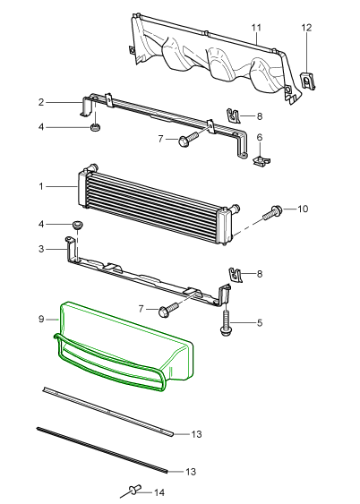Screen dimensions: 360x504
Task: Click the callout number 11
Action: [256, 28]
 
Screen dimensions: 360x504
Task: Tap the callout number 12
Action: [306, 28]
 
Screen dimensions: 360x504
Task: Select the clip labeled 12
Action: [307, 81]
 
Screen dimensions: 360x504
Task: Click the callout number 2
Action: [41, 102]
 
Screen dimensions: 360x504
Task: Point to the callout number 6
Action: [260, 138]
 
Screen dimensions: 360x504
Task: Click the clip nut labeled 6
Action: [261, 159]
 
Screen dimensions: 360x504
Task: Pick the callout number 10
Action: [303, 209]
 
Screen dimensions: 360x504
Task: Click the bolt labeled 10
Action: [272, 212]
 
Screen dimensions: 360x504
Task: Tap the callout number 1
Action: [41, 186]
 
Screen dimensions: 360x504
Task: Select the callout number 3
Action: [41, 249]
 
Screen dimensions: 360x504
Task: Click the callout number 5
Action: [260, 322]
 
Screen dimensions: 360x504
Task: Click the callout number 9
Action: [41, 320]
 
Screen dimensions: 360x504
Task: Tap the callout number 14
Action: [159, 492]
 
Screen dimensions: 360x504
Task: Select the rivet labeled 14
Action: [134, 490]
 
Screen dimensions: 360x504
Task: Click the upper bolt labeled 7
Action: [189, 140]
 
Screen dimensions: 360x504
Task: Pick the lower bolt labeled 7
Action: [168, 310]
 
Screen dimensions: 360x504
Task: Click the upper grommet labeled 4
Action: [94, 127]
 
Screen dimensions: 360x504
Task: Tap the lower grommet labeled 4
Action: [78, 225]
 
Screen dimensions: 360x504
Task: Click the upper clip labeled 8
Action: [234, 115]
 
